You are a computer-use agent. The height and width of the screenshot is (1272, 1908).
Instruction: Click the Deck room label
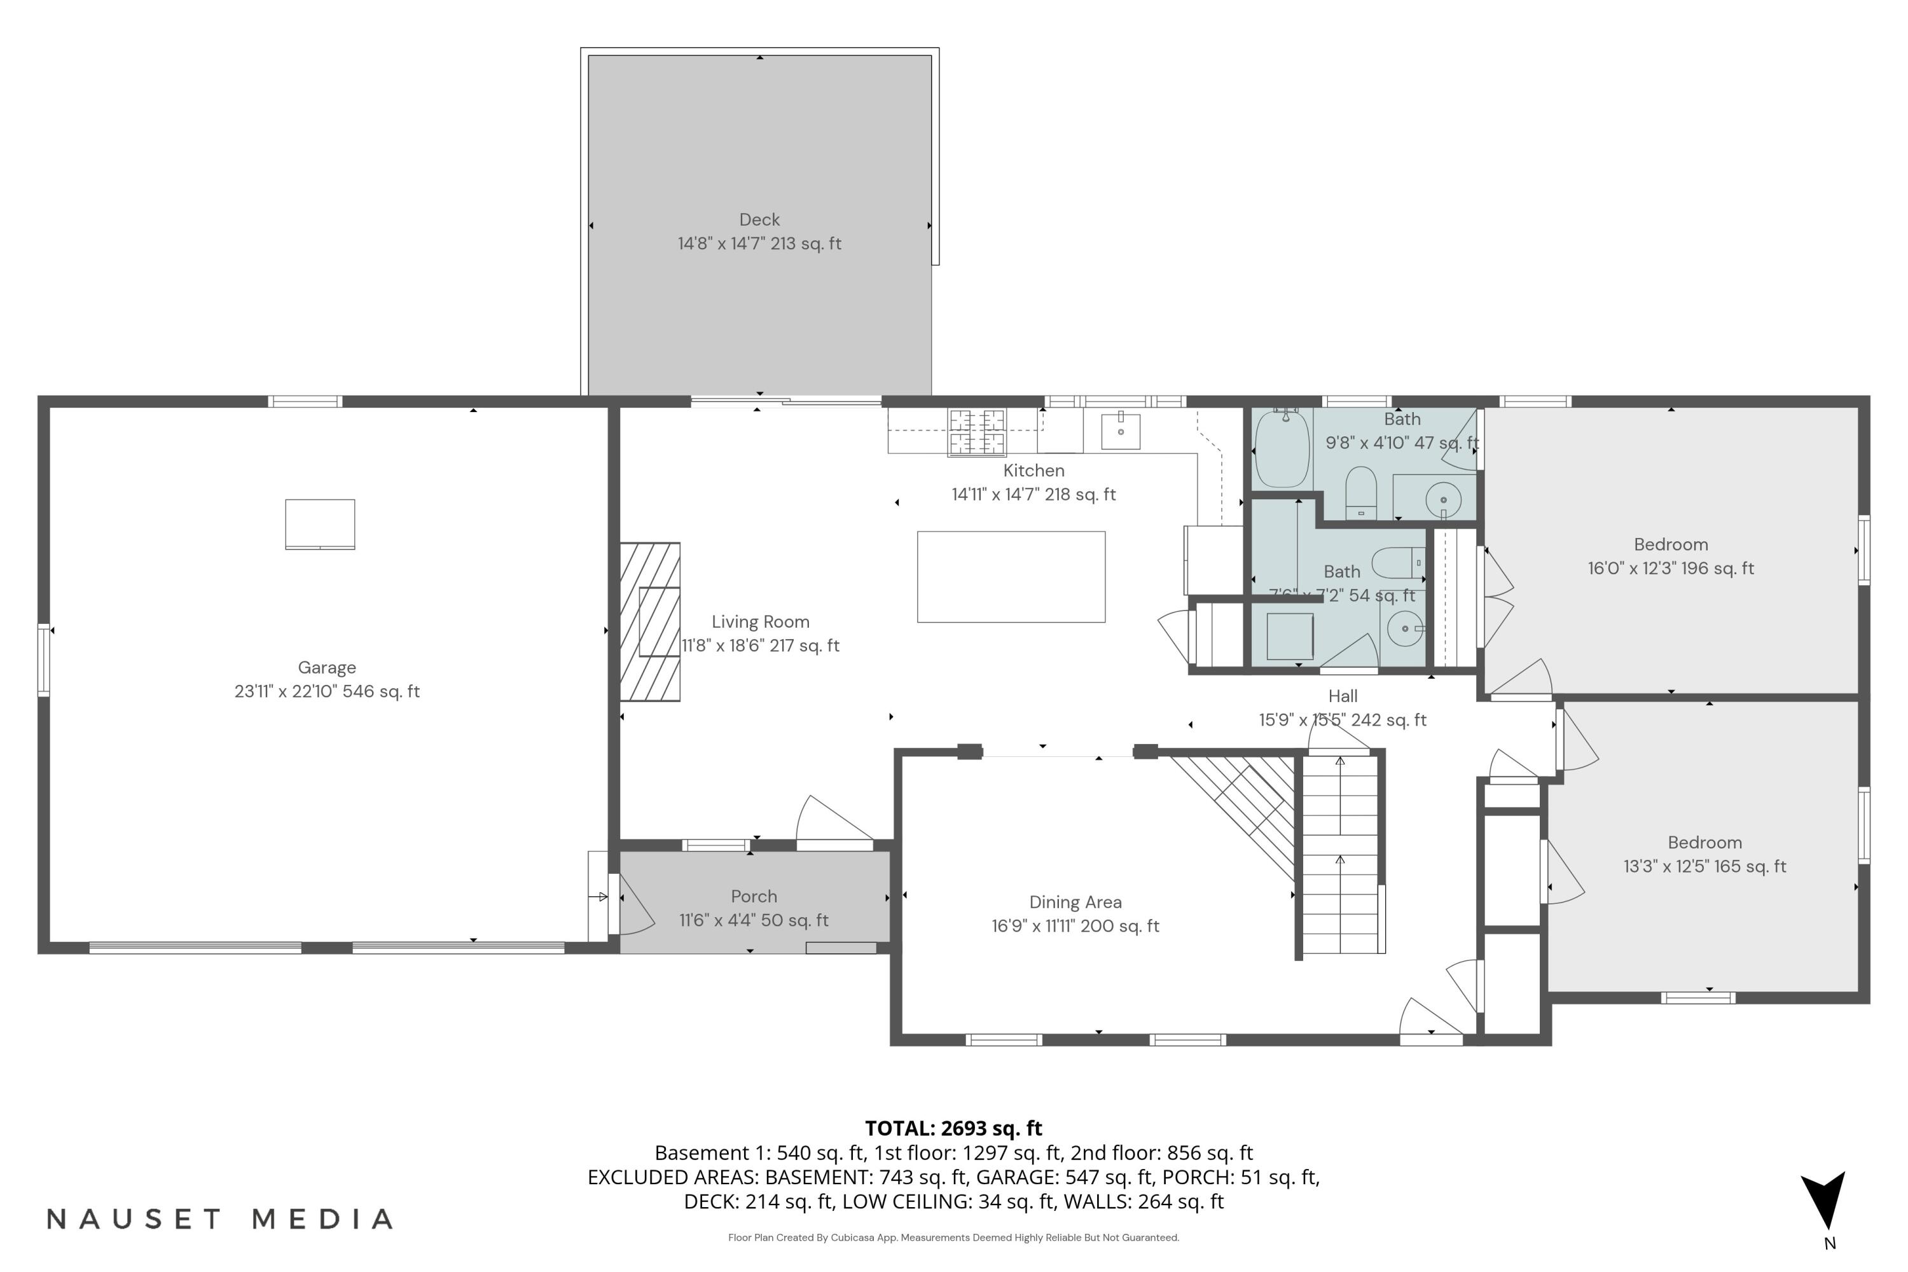click(759, 220)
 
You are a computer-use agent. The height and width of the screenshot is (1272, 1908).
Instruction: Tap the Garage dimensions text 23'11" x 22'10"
click(327, 691)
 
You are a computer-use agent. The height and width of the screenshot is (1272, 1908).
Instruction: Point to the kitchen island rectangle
click(1011, 577)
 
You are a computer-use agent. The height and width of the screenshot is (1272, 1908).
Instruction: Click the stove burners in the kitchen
click(977, 432)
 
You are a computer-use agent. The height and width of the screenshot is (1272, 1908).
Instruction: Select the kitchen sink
click(1120, 431)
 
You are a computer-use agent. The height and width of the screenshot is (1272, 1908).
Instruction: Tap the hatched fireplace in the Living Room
click(650, 621)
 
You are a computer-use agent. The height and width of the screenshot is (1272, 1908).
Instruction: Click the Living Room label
click(760, 622)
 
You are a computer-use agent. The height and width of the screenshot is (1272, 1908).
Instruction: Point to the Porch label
click(754, 896)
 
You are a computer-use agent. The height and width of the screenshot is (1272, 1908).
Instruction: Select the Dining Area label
click(1075, 902)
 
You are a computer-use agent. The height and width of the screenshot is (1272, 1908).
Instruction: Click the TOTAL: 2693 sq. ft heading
click(953, 1128)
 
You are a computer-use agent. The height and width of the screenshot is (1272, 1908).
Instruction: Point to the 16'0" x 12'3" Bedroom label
click(1670, 556)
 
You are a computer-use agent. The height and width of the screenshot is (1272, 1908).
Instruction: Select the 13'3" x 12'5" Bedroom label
click(1704, 854)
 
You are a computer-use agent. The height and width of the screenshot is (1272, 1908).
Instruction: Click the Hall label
click(1343, 696)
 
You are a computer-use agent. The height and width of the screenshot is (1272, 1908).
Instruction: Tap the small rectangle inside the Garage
click(320, 524)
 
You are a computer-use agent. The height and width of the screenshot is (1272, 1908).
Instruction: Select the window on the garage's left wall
click(44, 660)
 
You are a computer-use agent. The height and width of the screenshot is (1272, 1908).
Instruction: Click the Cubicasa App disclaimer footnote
click(953, 1237)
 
